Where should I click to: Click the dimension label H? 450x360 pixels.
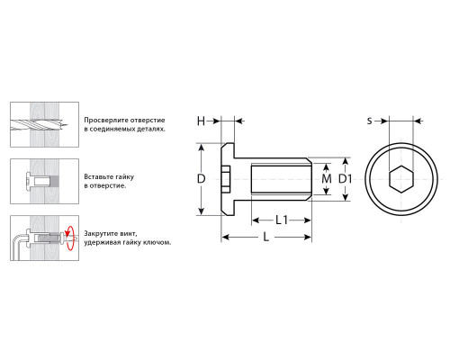(201, 121)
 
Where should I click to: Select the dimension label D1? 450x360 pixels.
(346, 179)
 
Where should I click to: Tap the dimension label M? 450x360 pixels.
(327, 179)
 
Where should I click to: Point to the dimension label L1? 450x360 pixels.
(282, 220)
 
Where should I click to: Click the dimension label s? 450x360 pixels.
(370, 121)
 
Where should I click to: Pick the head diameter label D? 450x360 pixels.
(201, 179)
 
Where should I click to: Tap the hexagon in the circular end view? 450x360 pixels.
(401, 179)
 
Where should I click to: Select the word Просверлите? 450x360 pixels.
(103, 121)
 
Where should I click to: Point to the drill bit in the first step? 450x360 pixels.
(39, 124)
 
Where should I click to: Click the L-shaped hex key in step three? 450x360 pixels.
(20, 247)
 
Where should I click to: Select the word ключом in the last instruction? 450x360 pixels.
(159, 242)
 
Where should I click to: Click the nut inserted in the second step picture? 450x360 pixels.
(38, 182)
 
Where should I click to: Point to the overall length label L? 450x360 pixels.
(266, 238)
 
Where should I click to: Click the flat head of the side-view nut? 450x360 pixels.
(228, 179)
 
